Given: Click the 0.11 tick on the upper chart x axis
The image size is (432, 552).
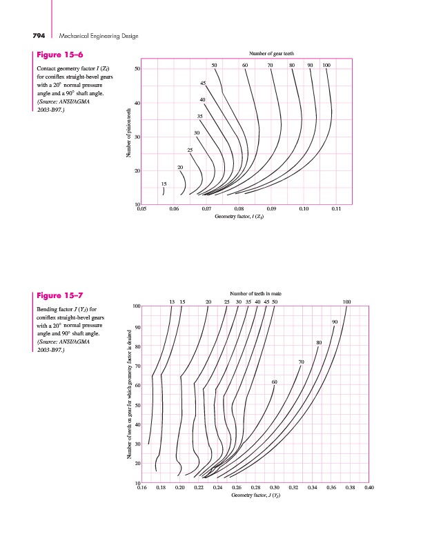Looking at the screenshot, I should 336,208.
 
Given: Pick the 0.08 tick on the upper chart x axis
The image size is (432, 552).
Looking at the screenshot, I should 239,208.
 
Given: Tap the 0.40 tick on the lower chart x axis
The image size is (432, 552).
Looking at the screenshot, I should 369,487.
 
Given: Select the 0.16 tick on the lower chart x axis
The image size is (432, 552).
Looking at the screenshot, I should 142,487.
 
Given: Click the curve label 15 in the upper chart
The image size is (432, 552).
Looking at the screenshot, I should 164,184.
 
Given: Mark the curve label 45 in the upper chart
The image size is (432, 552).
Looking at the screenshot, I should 203,83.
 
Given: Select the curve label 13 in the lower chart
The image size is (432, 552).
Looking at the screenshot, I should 172,302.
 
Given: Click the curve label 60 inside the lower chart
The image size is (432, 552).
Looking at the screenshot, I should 274,382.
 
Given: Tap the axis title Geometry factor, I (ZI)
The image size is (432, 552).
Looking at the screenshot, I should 239,216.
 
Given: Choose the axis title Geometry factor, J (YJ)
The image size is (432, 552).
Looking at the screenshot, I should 255,495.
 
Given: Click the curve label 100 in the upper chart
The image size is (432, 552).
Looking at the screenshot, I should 326,65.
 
